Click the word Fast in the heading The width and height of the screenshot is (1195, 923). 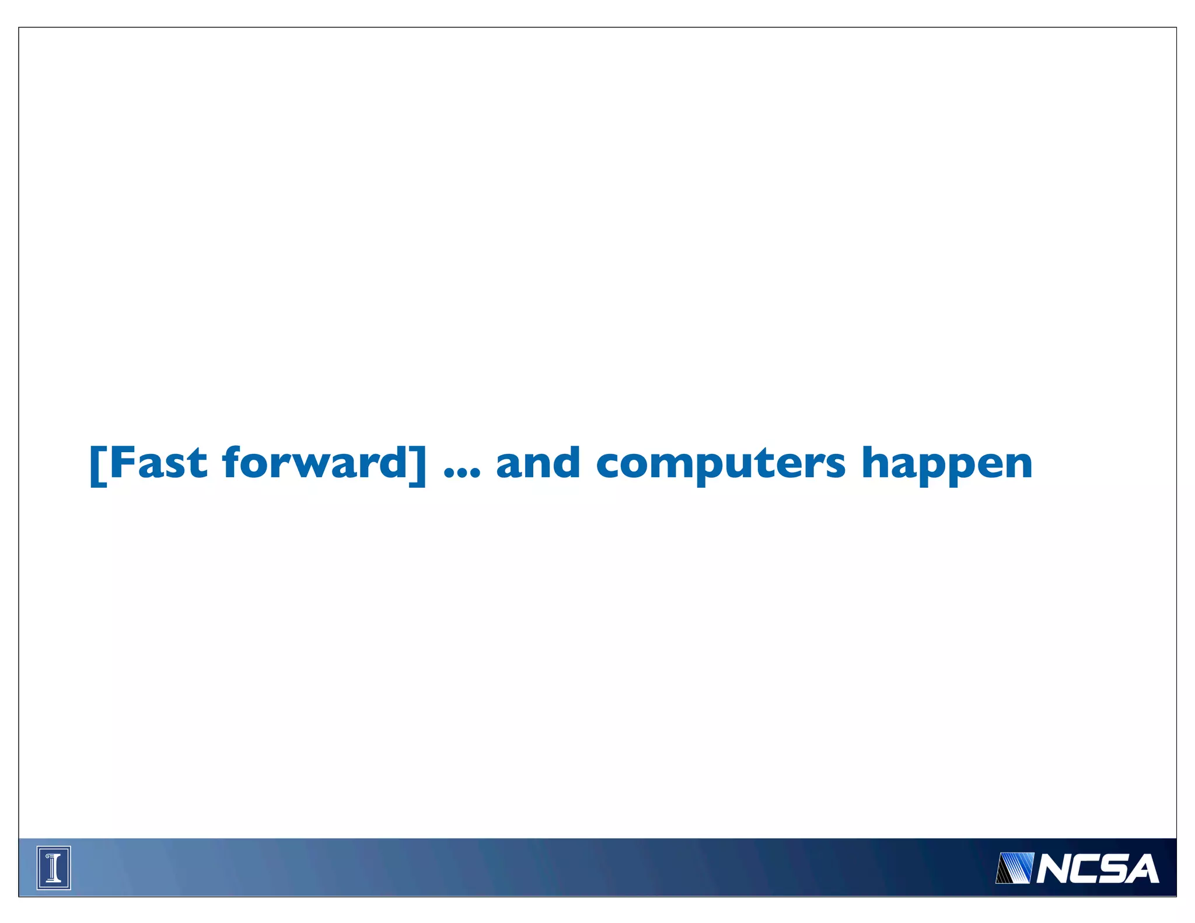[x=158, y=463]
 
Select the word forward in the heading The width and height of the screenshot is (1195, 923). [x=315, y=463]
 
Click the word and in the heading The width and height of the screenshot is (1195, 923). [x=537, y=463]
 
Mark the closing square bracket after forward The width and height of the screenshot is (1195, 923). [x=418, y=465]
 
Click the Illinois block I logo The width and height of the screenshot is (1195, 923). [x=54, y=868]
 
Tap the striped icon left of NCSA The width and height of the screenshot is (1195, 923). [x=1014, y=868]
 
